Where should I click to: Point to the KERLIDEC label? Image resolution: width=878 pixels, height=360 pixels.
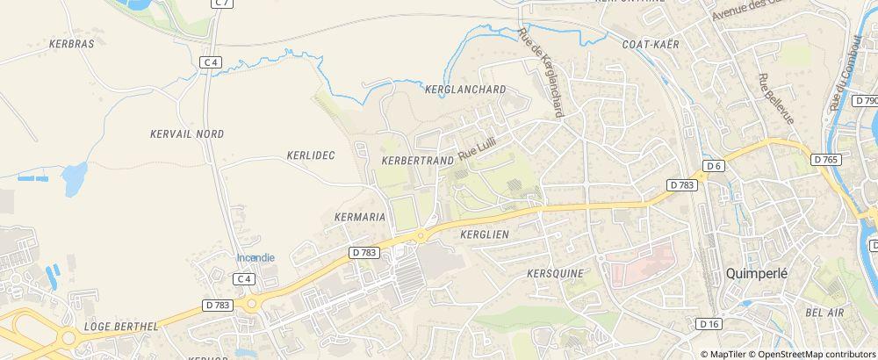pyautogui.click(x=311, y=155)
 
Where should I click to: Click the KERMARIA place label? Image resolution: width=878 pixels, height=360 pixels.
pyautogui.click(x=361, y=215)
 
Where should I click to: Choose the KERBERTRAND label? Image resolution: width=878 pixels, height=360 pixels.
pyautogui.click(x=418, y=161)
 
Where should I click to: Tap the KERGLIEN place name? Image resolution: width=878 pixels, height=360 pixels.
pyautogui.click(x=485, y=234)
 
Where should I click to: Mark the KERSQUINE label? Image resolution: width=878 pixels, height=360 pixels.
pyautogui.click(x=555, y=273)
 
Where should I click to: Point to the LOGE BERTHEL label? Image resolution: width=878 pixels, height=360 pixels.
pyautogui.click(x=120, y=326)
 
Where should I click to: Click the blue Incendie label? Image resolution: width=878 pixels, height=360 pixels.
pyautogui.click(x=255, y=257)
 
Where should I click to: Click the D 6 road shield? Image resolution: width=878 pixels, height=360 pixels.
pyautogui.click(x=713, y=166)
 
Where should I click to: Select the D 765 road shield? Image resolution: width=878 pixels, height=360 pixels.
pyautogui.click(x=826, y=159)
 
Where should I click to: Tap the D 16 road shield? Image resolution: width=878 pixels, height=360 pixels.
pyautogui.click(x=709, y=324)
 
